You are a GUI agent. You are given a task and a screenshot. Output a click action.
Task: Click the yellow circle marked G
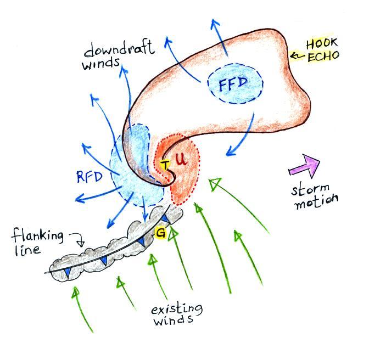click(x=161, y=233)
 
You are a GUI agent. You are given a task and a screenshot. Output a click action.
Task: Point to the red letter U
click(x=181, y=161)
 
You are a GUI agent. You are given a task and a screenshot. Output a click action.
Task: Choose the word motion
click(x=315, y=203)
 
